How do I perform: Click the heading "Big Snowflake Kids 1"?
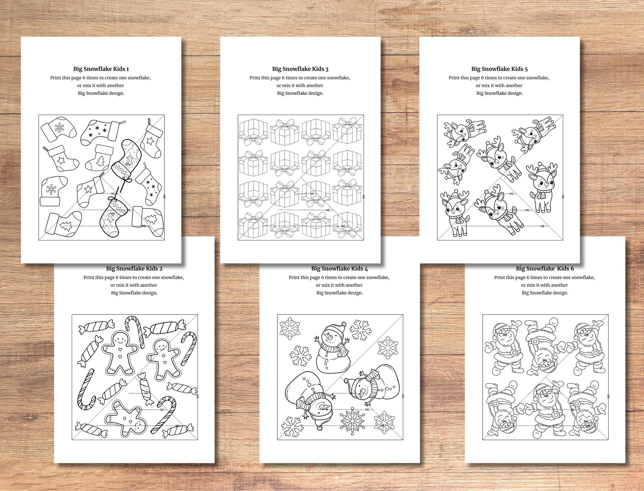coord(101,69)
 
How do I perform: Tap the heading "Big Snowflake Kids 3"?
coord(300,69)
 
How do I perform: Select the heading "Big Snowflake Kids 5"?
coord(500,69)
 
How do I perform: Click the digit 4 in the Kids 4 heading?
coord(366,269)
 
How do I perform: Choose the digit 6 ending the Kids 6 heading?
coord(572,269)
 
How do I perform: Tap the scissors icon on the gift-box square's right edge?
coord(364,197)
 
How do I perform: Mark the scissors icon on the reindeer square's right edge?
coord(563,197)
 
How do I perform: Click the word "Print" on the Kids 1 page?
coord(56,78)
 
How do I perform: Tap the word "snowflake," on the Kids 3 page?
coord(339,78)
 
